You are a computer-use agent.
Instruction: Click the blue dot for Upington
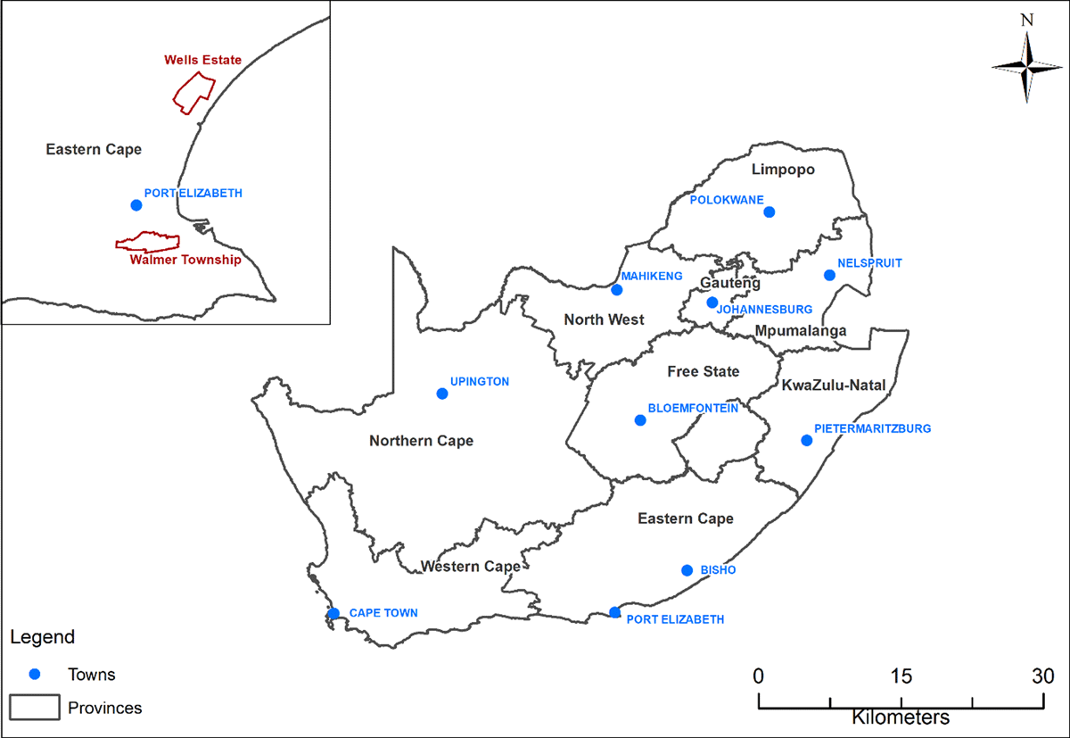[441, 394]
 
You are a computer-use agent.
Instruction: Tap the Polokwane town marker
[770, 211]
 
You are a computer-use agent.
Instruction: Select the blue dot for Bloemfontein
[639, 420]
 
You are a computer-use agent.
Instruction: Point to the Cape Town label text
[383, 613]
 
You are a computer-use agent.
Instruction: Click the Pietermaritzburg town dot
[807, 440]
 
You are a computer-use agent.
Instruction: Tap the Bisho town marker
[687, 570]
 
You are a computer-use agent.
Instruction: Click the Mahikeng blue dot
[616, 289]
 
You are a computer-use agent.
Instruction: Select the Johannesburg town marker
[712, 303]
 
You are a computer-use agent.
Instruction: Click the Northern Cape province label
[422, 441]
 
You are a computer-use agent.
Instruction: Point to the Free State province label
[704, 371]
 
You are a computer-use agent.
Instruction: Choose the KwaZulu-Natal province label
[833, 386]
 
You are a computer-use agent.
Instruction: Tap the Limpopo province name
[783, 170]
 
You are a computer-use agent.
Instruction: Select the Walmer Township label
[185, 261]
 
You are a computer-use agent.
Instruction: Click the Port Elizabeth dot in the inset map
[136, 204]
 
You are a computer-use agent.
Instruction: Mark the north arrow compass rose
[1027, 66]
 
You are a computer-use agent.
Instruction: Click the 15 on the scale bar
[901, 676]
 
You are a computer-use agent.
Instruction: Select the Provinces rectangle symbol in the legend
[34, 707]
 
